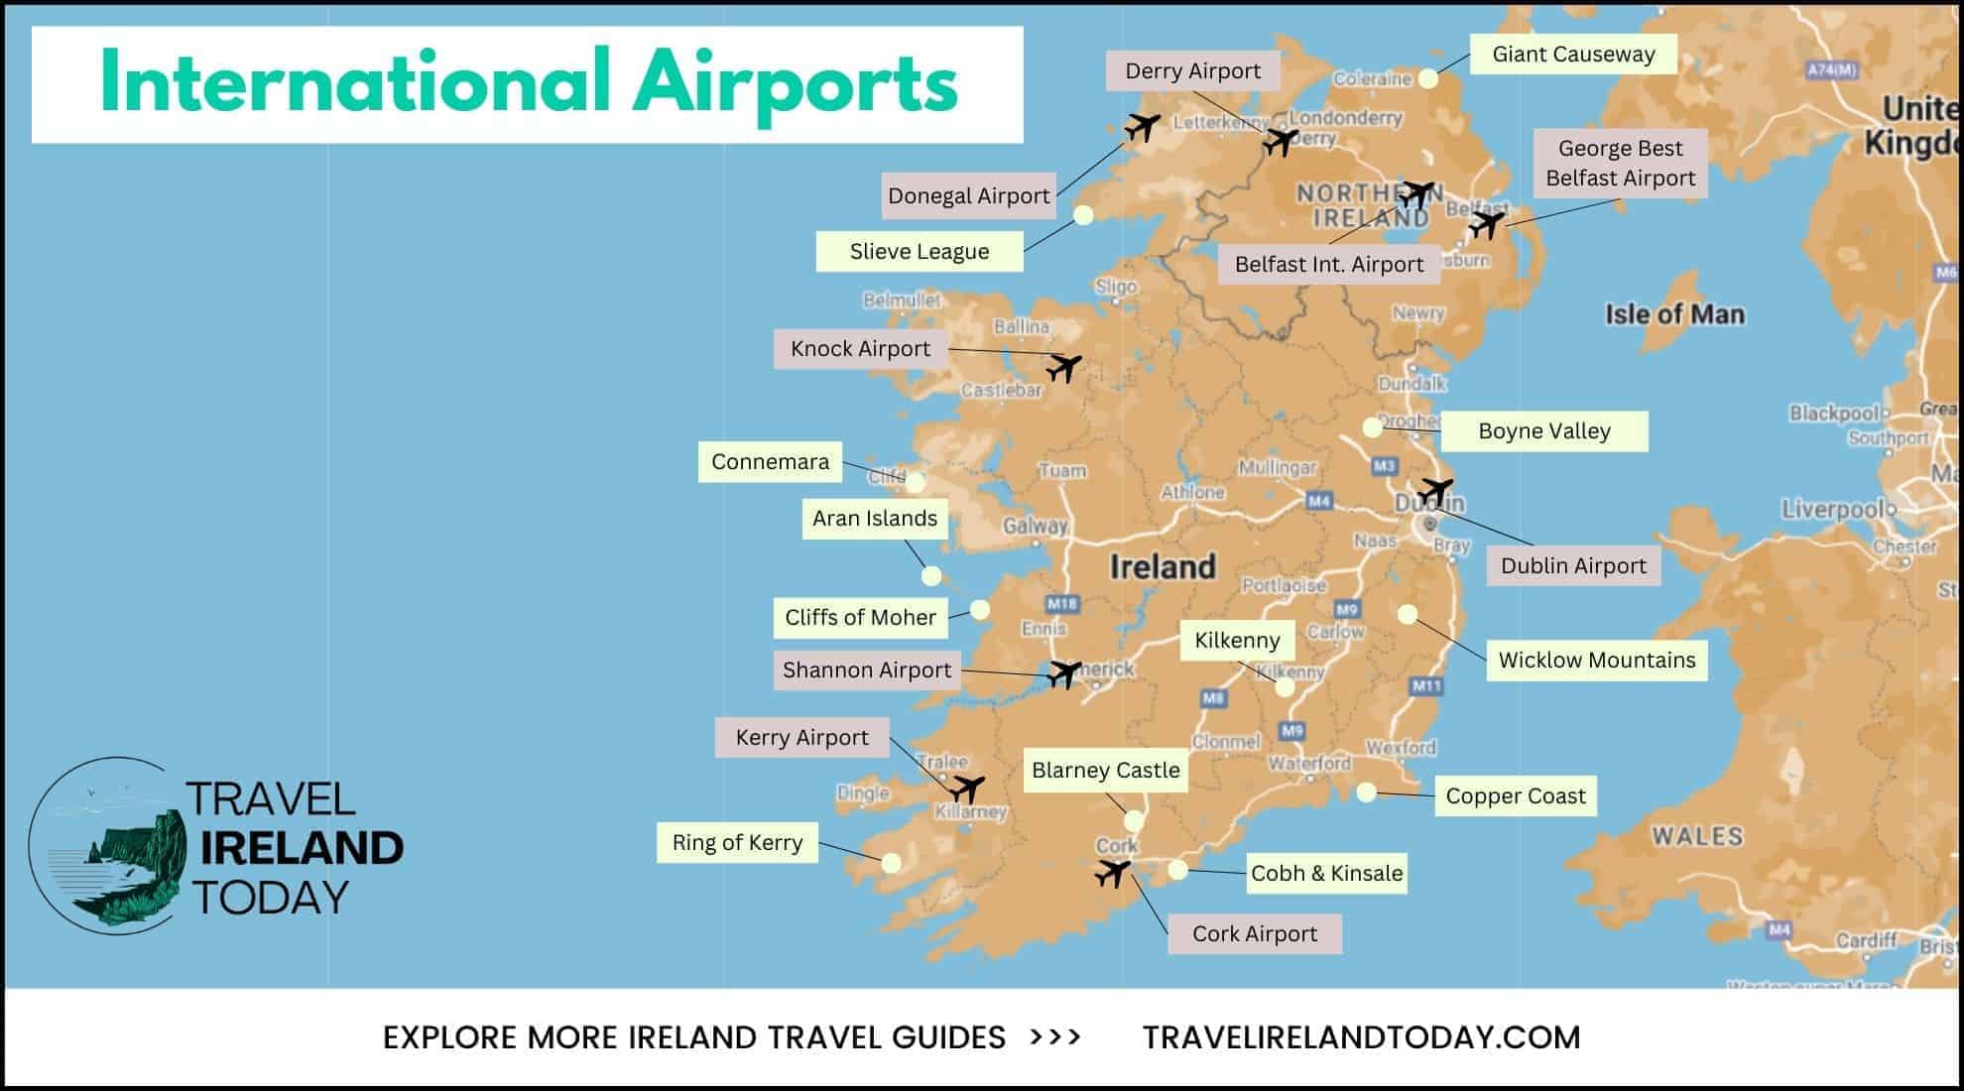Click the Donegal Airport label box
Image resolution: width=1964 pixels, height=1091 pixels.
(968, 195)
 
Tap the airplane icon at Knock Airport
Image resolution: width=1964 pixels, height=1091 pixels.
(1063, 368)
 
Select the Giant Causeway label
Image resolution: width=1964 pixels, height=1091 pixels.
(1573, 55)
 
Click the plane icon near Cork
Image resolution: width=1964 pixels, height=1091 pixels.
(1113, 874)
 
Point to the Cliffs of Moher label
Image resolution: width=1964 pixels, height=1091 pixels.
(860, 617)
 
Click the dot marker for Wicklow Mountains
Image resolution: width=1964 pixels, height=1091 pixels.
(1407, 614)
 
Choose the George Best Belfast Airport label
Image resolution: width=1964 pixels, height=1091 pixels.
(1620, 163)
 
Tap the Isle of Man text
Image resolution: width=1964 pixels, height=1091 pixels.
(1674, 314)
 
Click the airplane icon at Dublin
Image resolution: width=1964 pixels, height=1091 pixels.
(1434, 491)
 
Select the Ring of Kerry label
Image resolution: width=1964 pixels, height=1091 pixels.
(737, 842)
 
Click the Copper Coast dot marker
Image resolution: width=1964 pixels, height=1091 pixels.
(1366, 792)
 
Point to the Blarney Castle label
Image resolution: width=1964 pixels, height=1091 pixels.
(1105, 770)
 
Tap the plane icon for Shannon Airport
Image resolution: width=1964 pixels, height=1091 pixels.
(1064, 673)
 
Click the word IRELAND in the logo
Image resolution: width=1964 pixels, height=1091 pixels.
(302, 848)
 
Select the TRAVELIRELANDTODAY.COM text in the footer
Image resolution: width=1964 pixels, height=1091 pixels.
(1361, 1037)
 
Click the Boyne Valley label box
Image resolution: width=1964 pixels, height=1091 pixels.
(1543, 431)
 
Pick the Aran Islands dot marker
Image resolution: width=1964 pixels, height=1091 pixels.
(930, 575)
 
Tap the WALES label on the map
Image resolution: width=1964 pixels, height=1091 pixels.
(1696, 836)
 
